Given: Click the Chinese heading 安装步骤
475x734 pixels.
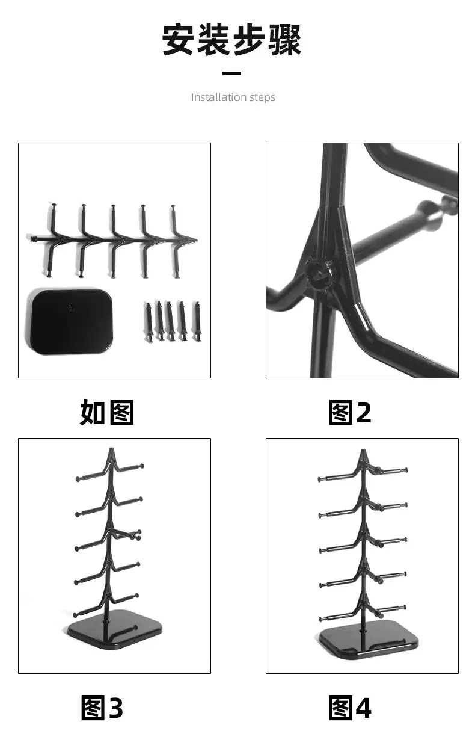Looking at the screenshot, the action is (x=231, y=39).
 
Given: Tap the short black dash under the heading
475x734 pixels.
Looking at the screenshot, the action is (x=231, y=73).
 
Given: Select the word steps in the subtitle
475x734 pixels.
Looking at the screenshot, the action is (x=262, y=98).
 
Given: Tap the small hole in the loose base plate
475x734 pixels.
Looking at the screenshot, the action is (x=71, y=308).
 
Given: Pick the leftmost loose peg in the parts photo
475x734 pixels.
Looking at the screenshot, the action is (x=149, y=322).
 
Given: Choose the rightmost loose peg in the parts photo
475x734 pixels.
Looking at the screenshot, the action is (x=198, y=321).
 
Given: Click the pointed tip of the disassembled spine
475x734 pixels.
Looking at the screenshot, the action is (x=196, y=241).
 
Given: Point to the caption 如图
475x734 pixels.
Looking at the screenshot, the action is (x=107, y=412).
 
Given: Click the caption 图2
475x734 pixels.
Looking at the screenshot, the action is (x=350, y=412).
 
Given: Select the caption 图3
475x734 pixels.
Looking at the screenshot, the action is (x=102, y=708).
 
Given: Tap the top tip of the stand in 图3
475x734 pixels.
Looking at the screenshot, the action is (x=111, y=449).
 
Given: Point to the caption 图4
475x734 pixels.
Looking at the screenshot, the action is (x=350, y=708).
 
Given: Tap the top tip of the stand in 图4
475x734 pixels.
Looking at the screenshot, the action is (x=363, y=451).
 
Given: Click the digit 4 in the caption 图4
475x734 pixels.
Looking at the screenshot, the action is (x=363, y=708).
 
